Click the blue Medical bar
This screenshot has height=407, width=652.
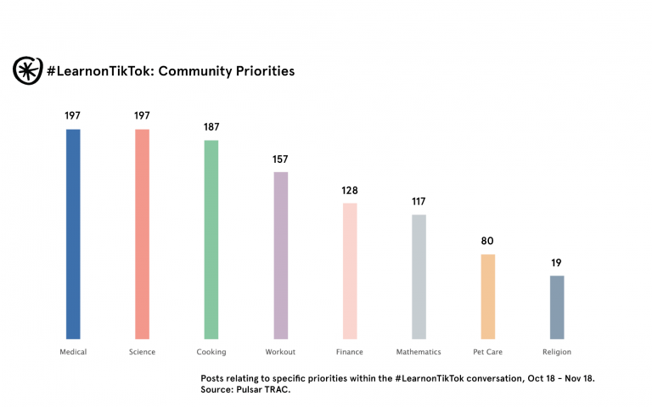pyautogui.click(x=73, y=233)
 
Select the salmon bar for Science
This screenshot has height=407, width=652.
pyautogui.click(x=142, y=233)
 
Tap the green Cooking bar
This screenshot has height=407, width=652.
pyautogui.click(x=211, y=239)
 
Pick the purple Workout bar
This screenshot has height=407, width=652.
pyautogui.click(x=281, y=254)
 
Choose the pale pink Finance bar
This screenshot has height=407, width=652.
pyautogui.click(x=350, y=270)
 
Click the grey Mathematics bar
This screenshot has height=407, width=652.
pyautogui.click(x=419, y=276)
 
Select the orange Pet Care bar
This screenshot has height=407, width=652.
pyautogui.click(x=487, y=296)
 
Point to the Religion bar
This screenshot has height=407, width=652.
pyautogui.click(x=556, y=306)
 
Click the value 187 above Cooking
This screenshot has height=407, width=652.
pyautogui.click(x=211, y=127)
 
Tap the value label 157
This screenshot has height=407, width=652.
pyautogui.click(x=281, y=159)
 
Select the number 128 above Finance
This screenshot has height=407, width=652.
pyautogui.click(x=350, y=191)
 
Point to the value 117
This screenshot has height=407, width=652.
pyautogui.click(x=419, y=202)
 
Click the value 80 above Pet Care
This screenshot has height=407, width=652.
pyautogui.click(x=487, y=241)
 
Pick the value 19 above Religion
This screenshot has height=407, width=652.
pyautogui.click(x=556, y=263)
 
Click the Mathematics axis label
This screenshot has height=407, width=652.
pyautogui.click(x=419, y=352)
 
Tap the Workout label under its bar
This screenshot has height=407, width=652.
pyautogui.click(x=281, y=352)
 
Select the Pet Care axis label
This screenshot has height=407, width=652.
pyautogui.click(x=487, y=352)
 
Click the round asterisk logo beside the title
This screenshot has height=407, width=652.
pyautogui.click(x=27, y=71)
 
